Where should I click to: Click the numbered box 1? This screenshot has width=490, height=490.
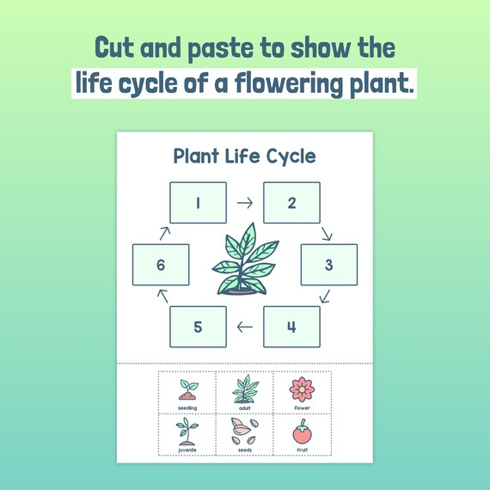199,204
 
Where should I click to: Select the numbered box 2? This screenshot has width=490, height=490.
291,204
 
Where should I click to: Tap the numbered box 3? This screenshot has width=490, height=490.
328,265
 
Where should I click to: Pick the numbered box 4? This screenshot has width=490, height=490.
291,327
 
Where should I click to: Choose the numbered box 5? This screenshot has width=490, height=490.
199,327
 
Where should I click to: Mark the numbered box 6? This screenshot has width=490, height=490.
161,265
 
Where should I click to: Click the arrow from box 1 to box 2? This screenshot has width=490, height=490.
245,204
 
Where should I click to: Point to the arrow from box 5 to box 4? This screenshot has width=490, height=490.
245,327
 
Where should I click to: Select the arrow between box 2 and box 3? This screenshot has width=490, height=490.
326,233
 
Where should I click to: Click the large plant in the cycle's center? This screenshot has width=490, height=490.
245,262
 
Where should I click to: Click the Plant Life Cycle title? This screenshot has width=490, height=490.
245,156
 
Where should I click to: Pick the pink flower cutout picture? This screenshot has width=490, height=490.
303,389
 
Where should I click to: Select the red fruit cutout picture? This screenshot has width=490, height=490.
303,429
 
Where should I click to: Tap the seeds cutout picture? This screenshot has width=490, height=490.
245,429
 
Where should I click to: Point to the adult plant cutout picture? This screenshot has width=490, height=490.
245,389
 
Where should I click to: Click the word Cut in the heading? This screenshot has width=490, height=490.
116,46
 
